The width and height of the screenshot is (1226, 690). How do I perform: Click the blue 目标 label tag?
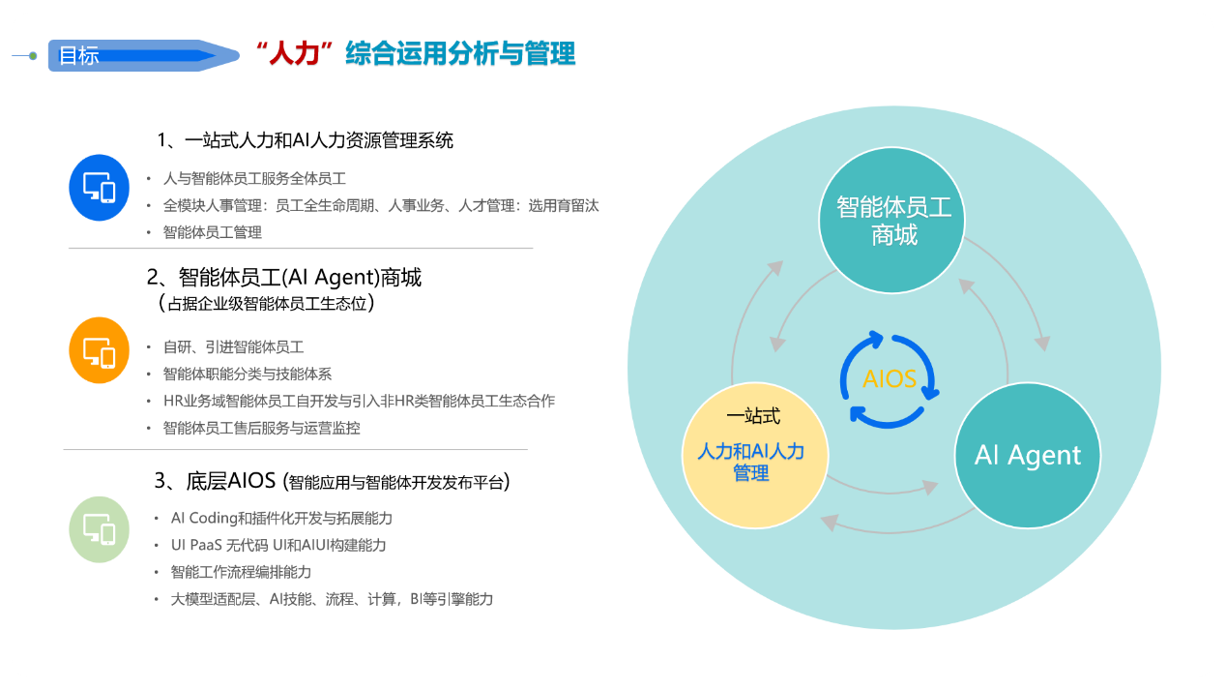point(143,55)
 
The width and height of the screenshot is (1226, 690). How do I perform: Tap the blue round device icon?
point(99,188)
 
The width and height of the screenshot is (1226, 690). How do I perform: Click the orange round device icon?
point(99,350)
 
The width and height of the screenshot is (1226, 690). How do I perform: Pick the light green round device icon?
point(99,529)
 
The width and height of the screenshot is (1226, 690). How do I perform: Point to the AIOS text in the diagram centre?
point(890,379)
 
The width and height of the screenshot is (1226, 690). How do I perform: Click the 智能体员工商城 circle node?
point(892,220)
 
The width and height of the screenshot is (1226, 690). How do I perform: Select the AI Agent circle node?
point(1028,455)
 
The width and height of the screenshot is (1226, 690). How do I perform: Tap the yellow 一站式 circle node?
point(755,455)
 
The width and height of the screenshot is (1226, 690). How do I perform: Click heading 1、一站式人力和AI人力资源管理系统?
point(306,140)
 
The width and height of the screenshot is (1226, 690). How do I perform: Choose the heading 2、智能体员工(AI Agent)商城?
point(284,277)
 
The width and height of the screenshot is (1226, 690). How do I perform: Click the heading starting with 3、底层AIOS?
point(332,481)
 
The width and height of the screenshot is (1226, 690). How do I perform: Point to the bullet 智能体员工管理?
point(213,232)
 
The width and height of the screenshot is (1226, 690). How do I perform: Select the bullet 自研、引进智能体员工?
point(233,347)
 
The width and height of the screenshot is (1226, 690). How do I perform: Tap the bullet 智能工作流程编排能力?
point(241,572)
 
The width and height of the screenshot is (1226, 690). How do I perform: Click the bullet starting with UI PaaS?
point(278,546)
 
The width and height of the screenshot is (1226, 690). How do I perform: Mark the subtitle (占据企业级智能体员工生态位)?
point(267,303)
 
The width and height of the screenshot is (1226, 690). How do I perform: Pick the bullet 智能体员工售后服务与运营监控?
point(262,429)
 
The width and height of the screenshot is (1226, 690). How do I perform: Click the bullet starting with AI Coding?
point(282,518)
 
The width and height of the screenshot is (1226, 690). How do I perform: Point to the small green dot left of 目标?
point(34,56)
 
